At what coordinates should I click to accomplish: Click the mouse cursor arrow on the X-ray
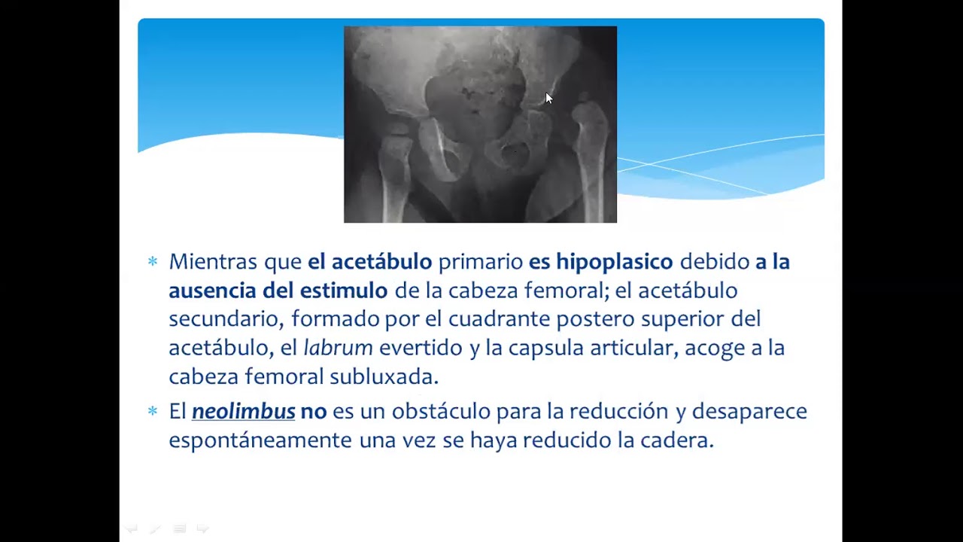(548, 99)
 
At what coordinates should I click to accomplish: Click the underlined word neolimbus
(243, 412)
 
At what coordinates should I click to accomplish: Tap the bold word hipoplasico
(614, 262)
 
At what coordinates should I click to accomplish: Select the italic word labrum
(338, 348)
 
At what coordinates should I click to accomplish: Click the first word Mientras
(213, 262)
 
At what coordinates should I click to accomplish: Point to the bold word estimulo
(343, 291)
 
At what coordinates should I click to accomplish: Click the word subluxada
(384, 376)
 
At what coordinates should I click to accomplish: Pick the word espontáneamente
(260, 440)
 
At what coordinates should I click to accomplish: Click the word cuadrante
(499, 319)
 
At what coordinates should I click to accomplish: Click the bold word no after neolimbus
(313, 412)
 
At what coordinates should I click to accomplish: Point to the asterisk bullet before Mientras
(153, 261)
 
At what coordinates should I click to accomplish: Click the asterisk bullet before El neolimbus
(153, 411)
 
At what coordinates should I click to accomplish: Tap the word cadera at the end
(676, 440)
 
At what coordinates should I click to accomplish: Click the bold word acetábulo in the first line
(381, 262)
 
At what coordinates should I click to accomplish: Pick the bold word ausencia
(212, 291)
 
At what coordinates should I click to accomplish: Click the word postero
(595, 319)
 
